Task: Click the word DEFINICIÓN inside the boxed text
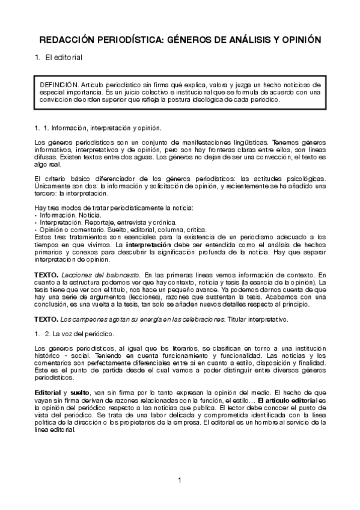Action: pos(59,86)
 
